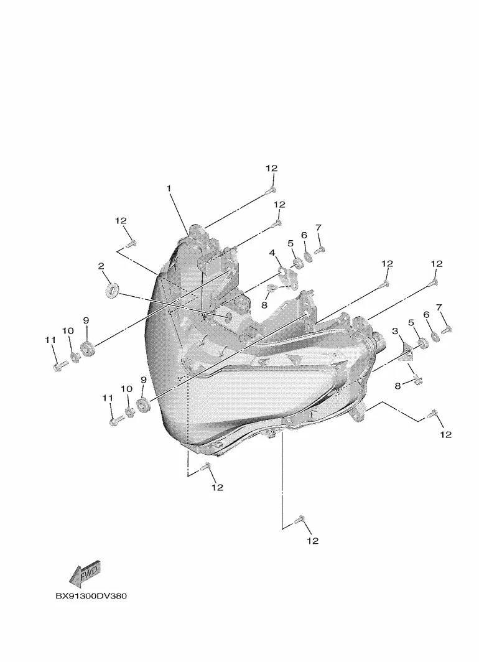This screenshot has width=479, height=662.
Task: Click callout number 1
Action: click(169, 188)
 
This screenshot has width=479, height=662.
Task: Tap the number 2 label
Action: click(101, 266)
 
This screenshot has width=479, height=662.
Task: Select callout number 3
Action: click(395, 331)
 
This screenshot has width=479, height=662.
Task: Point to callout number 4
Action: click(272, 253)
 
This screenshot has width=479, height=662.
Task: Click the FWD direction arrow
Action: click(85, 574)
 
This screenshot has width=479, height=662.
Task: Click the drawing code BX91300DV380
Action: click(91, 596)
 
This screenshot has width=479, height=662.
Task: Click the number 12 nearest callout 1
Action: click(121, 221)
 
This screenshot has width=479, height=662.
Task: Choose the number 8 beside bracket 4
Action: click(264, 305)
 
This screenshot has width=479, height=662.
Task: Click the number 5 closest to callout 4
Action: click(291, 243)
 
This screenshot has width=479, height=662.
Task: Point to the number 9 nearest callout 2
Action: click(86, 321)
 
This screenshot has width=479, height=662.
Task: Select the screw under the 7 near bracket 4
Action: click(320, 250)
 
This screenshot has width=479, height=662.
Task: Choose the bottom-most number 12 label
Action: click(313, 541)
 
